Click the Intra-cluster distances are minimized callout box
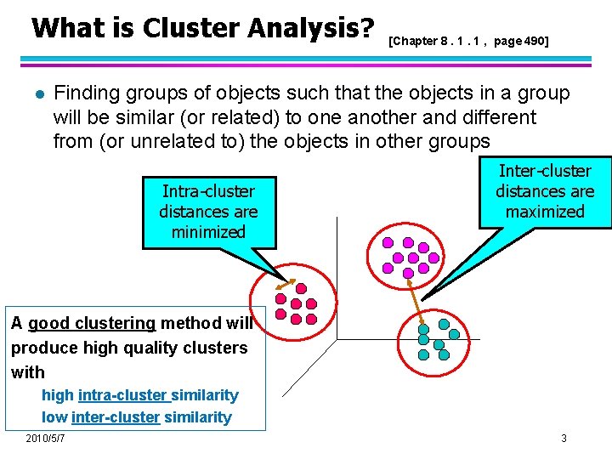tap(208, 212)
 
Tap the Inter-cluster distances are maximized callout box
tap(545, 191)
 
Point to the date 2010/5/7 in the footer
tap(46, 439)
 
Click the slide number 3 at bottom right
tap(564, 439)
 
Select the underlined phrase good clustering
tap(92, 323)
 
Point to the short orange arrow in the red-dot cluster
tap(282, 286)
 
